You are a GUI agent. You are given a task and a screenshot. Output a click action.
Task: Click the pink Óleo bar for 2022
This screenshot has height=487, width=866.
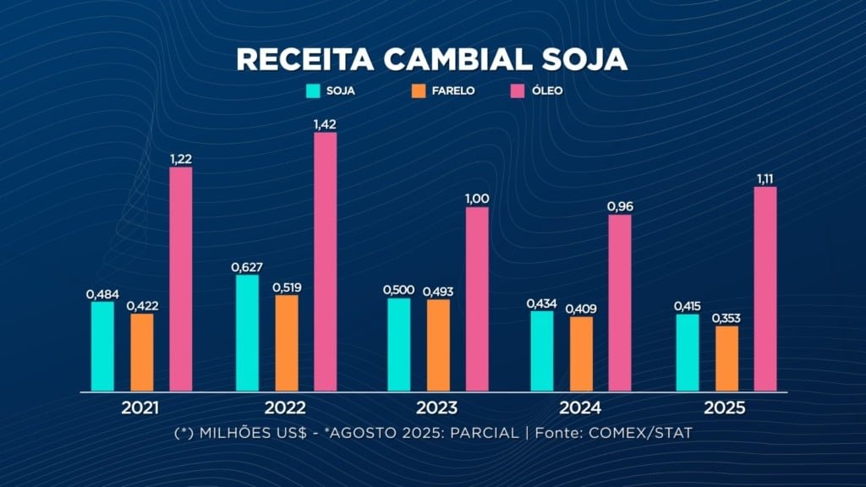[325, 261]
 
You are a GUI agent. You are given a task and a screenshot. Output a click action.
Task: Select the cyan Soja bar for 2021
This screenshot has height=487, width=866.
[102, 346]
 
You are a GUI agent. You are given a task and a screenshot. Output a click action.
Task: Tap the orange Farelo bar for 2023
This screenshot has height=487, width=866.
[438, 345]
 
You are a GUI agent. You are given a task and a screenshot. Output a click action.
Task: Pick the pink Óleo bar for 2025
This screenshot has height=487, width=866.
[765, 288]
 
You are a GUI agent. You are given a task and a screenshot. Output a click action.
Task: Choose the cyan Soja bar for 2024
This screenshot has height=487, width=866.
[541, 351]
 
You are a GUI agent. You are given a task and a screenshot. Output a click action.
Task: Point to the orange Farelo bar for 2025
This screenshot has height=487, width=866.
[726, 358]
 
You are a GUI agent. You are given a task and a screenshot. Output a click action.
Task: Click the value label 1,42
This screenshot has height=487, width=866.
[326, 124]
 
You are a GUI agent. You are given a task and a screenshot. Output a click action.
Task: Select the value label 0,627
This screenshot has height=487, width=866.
[247, 267]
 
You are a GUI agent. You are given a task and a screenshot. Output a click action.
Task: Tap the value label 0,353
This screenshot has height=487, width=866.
[726, 318]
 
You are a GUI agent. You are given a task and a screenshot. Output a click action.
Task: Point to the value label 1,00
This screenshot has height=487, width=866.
[477, 199]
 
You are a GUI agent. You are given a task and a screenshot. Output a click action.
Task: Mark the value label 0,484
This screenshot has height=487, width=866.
[102, 293]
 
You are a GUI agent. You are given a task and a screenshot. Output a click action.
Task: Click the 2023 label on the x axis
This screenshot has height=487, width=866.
[436, 408]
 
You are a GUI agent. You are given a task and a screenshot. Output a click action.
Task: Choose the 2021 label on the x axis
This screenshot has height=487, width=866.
[141, 408]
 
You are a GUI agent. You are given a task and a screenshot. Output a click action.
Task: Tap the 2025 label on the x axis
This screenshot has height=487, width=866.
[724, 408]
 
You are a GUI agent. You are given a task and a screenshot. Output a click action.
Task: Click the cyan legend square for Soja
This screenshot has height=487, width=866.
[312, 90]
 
